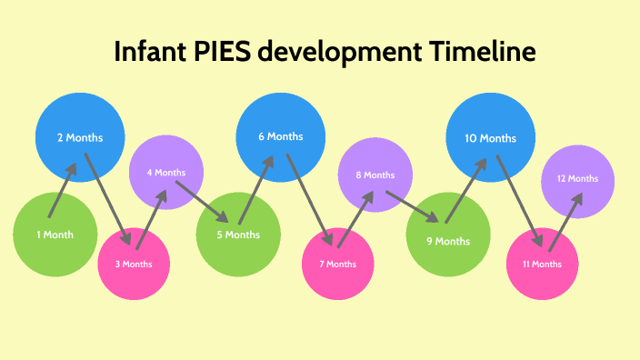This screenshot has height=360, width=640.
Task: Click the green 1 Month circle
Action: [x=55, y=235]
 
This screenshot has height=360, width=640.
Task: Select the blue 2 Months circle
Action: [x=80, y=138]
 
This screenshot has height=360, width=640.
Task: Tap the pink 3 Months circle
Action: [x=134, y=264]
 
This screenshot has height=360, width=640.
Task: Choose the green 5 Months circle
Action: [x=237, y=235]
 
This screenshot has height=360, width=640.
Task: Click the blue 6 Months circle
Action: [x=280, y=136]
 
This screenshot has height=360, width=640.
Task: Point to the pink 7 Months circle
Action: [x=337, y=264]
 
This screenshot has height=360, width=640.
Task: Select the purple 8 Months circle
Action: [x=375, y=175]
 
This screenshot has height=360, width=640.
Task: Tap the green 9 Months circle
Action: [x=448, y=241]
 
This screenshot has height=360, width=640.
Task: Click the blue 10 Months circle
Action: [x=490, y=138]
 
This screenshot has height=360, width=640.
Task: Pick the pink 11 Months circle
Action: [x=542, y=264]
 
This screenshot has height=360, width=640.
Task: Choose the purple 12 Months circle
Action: [x=577, y=179]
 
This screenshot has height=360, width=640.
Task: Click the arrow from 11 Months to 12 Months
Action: [x=565, y=221]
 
